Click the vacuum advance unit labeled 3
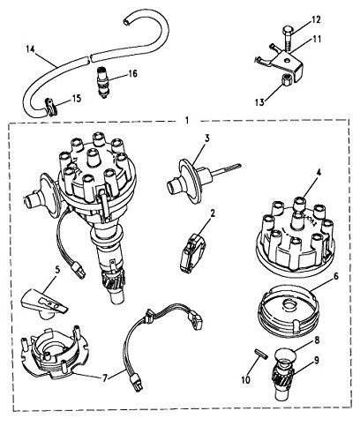186,187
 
